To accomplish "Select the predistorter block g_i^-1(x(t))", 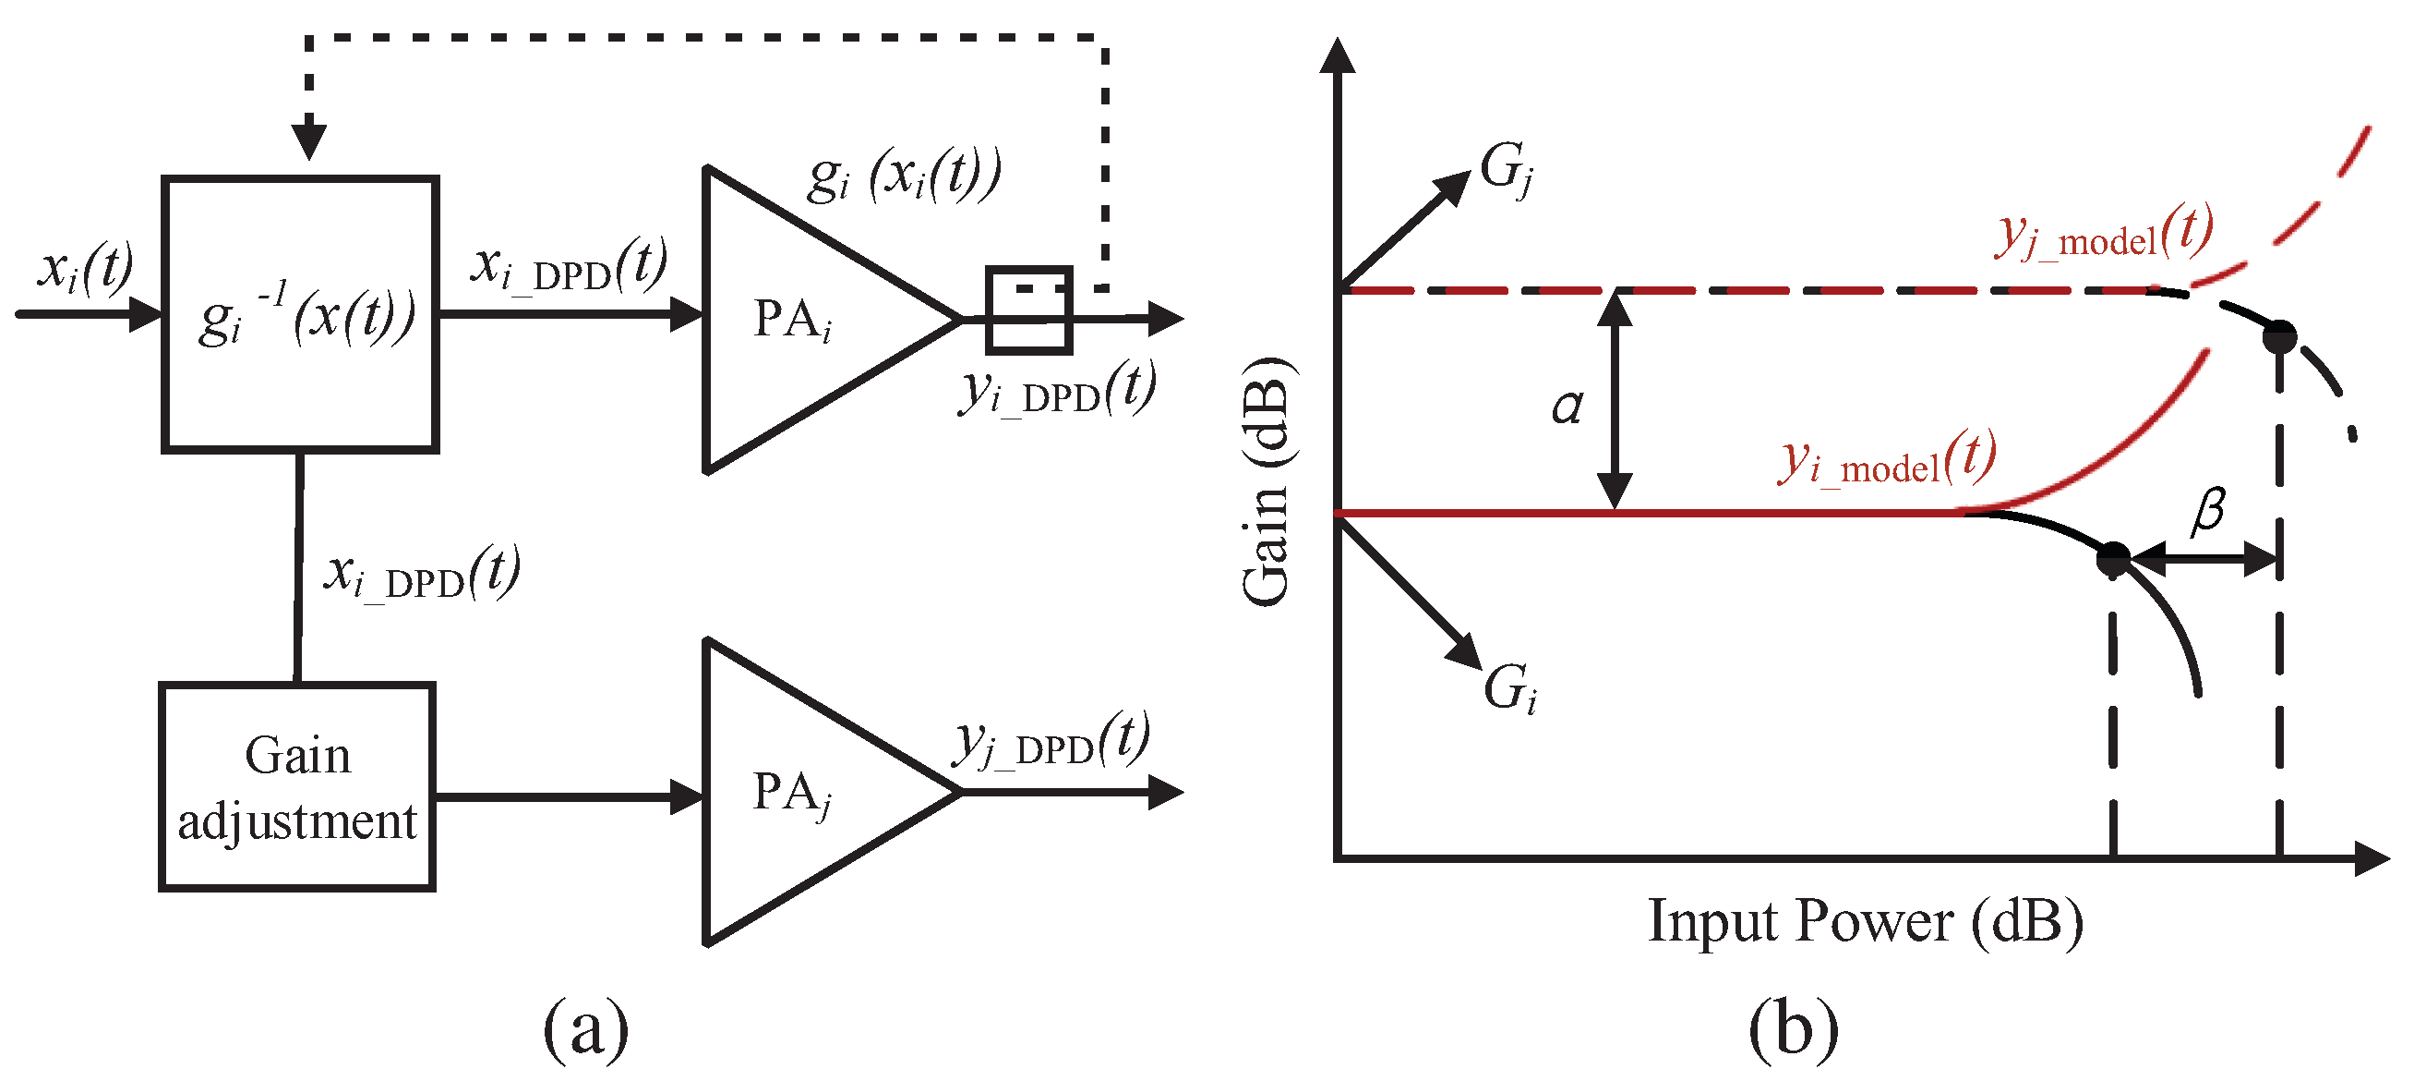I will (300, 314).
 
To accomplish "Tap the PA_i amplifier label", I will (793, 321).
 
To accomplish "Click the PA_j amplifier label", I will (793, 793).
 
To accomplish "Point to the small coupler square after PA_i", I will (1028, 310).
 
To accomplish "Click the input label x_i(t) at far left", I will (84, 268).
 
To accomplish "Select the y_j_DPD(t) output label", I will (1051, 742).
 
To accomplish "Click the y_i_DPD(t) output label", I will (1057, 389).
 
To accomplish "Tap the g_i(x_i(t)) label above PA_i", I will (905, 176).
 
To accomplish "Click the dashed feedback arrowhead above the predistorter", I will (308, 141).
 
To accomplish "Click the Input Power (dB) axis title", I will (1865, 921).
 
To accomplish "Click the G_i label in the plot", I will (1509, 689).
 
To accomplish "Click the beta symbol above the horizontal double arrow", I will (2208, 512).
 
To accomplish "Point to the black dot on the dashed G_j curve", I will (2279, 335).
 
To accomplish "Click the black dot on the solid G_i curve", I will (2113, 559).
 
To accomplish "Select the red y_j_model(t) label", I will (2105, 233).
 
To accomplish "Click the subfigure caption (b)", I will (1793, 1029).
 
